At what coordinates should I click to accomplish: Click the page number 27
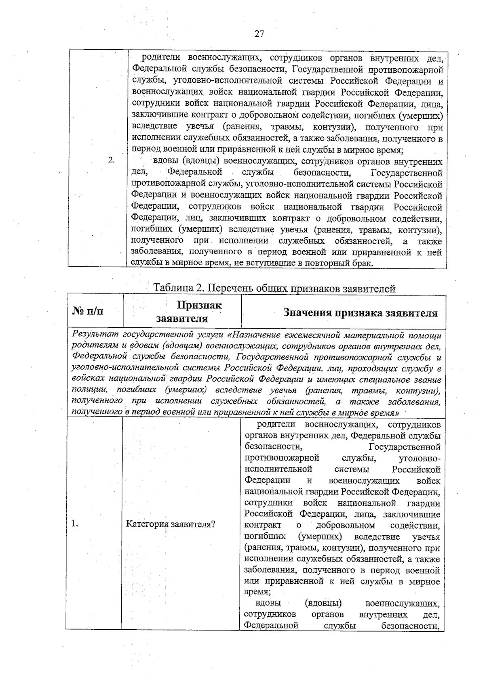259,34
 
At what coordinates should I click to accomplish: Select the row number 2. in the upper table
112,160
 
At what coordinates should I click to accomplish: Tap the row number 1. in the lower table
74,524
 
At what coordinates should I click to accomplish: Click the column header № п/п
88,311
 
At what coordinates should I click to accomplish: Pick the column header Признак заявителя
188,312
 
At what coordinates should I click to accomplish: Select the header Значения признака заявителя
361,313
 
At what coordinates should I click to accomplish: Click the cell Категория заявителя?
171,524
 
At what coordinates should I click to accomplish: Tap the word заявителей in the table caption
369,289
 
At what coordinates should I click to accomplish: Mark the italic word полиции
89,390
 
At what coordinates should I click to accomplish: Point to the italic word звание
428,379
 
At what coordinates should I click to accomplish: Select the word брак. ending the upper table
361,264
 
